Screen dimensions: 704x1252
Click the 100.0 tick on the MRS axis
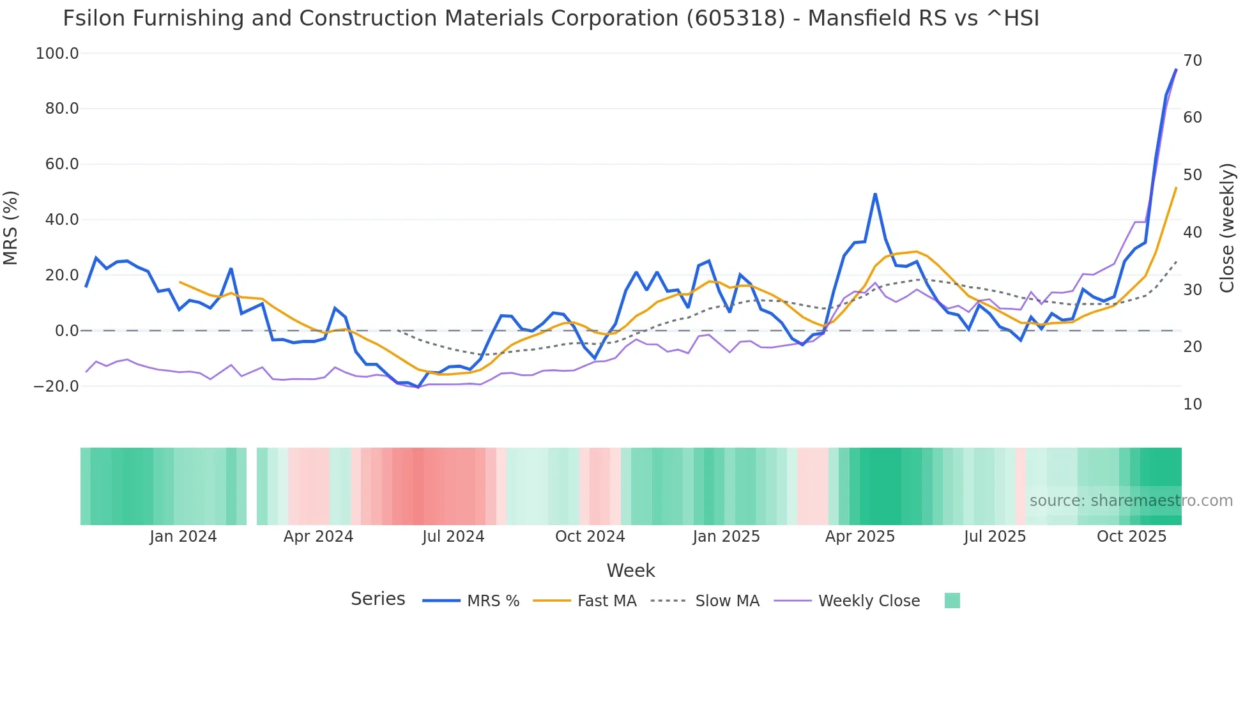(x=57, y=54)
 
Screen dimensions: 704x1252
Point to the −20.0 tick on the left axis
(x=56, y=386)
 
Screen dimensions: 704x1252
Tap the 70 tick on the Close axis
(x=1193, y=61)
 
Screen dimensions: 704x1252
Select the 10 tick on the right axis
(x=1193, y=404)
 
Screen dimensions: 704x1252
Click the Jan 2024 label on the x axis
(x=183, y=537)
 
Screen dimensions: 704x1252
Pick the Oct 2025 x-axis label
(x=1131, y=537)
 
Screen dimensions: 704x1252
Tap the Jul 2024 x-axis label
(x=454, y=537)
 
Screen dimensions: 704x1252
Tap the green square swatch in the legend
(x=952, y=601)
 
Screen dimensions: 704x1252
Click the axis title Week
(x=630, y=570)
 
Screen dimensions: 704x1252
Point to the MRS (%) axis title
(x=11, y=227)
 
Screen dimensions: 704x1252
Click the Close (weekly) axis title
(x=1227, y=227)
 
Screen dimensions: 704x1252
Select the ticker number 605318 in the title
(x=736, y=19)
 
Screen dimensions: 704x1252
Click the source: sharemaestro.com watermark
(x=1131, y=501)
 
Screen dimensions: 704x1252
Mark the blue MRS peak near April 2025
(x=875, y=194)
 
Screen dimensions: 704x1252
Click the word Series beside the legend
(x=378, y=599)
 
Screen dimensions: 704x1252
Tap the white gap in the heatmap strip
(x=252, y=486)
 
